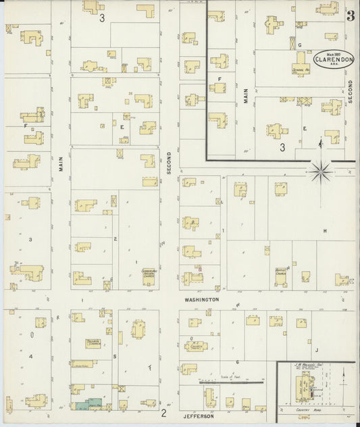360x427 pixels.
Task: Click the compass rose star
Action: tap(320, 168)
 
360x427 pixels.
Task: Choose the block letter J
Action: tap(315, 351)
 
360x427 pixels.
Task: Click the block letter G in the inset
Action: tap(299, 45)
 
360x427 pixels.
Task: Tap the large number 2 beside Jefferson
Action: tap(163, 412)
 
